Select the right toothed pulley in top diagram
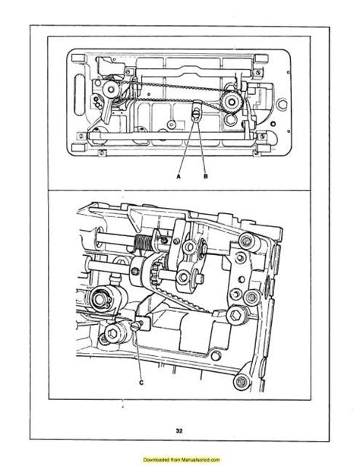tap(229, 100)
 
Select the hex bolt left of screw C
tap(114, 333)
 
